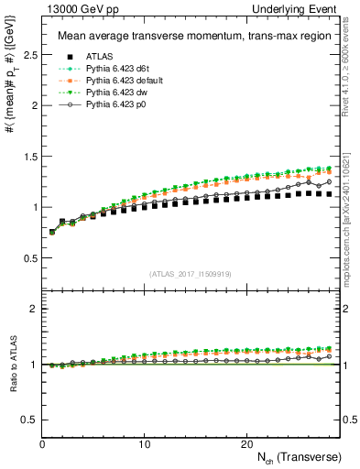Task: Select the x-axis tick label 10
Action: (x=144, y=443)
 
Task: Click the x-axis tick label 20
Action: (x=245, y=443)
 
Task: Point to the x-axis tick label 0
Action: (x=42, y=443)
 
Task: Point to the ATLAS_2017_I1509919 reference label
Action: (x=191, y=274)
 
